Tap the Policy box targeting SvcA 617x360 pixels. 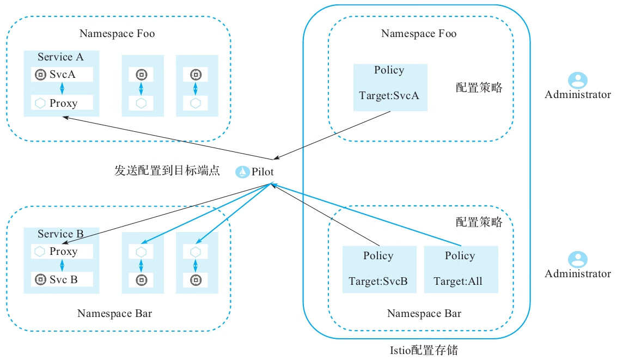(390, 87)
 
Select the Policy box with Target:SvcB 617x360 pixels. (379, 269)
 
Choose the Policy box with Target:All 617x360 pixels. (460, 269)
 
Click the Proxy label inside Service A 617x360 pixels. (63, 103)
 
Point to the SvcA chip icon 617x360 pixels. (40, 75)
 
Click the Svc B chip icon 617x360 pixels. (40, 279)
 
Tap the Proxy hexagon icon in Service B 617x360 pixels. (40, 252)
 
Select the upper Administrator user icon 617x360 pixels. (577, 81)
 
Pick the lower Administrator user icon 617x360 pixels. (577, 259)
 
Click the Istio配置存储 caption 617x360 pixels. (421, 350)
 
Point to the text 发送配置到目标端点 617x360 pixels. (167, 170)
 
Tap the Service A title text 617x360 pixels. (60, 57)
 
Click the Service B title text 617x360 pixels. (60, 234)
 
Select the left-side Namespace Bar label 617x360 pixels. (115, 313)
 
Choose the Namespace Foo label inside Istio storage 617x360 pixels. (419, 34)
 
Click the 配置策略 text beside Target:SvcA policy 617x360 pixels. (479, 88)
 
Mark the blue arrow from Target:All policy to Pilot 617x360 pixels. (370, 216)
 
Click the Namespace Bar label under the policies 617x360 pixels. (424, 313)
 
